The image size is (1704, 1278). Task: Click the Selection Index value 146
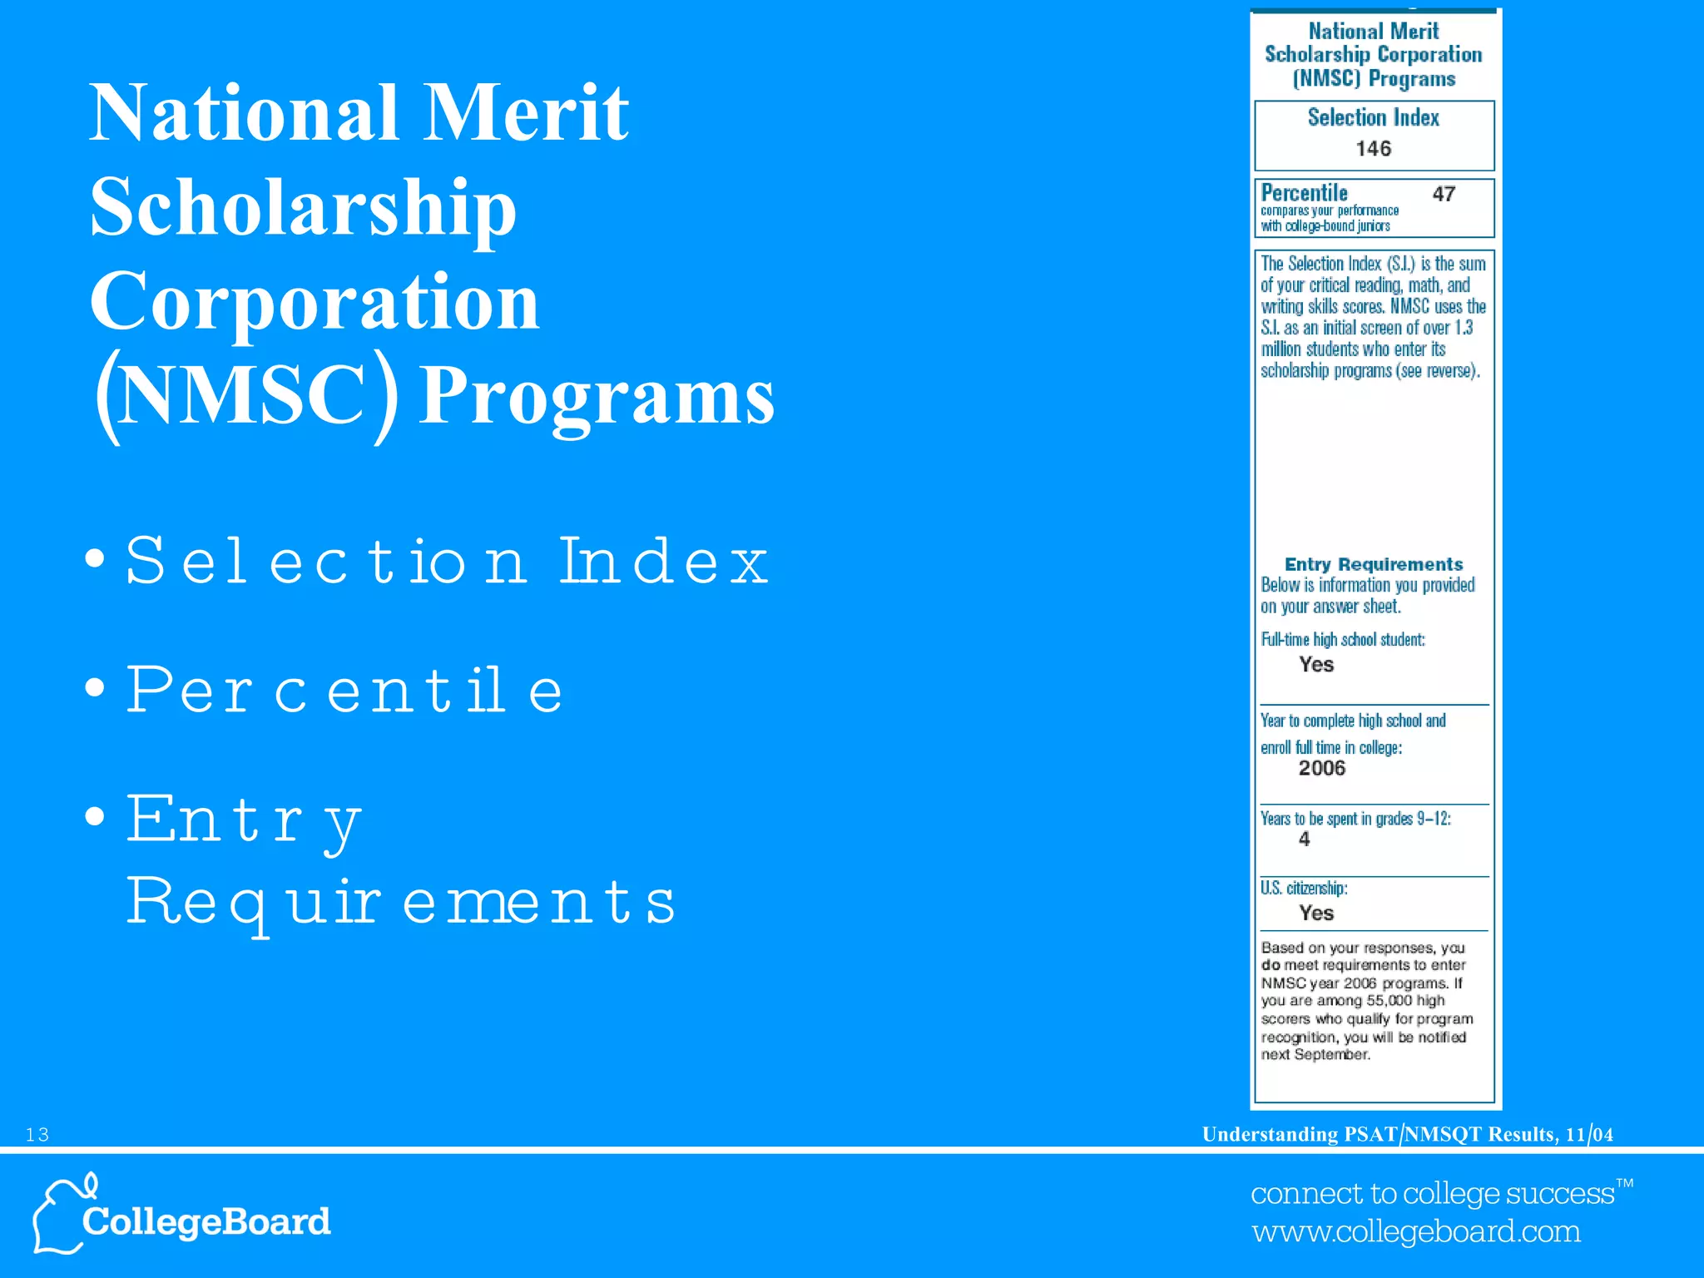click(x=1373, y=149)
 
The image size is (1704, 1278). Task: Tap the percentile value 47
click(x=1444, y=194)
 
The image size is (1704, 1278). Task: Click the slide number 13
click(x=37, y=1135)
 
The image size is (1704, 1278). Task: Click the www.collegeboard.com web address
click(x=1416, y=1231)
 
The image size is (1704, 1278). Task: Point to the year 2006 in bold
click(x=1321, y=768)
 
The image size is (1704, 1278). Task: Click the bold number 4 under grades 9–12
click(x=1304, y=840)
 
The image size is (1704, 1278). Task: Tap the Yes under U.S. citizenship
click(x=1316, y=913)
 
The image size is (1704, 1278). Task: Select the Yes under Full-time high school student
click(x=1316, y=664)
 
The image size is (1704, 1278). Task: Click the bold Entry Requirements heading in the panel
click(x=1373, y=564)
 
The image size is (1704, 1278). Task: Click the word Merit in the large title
click(x=526, y=113)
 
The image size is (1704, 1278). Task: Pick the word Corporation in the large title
click(x=315, y=301)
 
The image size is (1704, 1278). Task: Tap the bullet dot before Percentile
click(x=96, y=688)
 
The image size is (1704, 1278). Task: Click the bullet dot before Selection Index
click(x=96, y=558)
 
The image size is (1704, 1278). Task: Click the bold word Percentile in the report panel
click(x=1304, y=193)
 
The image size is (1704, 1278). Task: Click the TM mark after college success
click(x=1624, y=1183)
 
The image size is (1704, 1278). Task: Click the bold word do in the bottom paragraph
click(x=1271, y=965)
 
